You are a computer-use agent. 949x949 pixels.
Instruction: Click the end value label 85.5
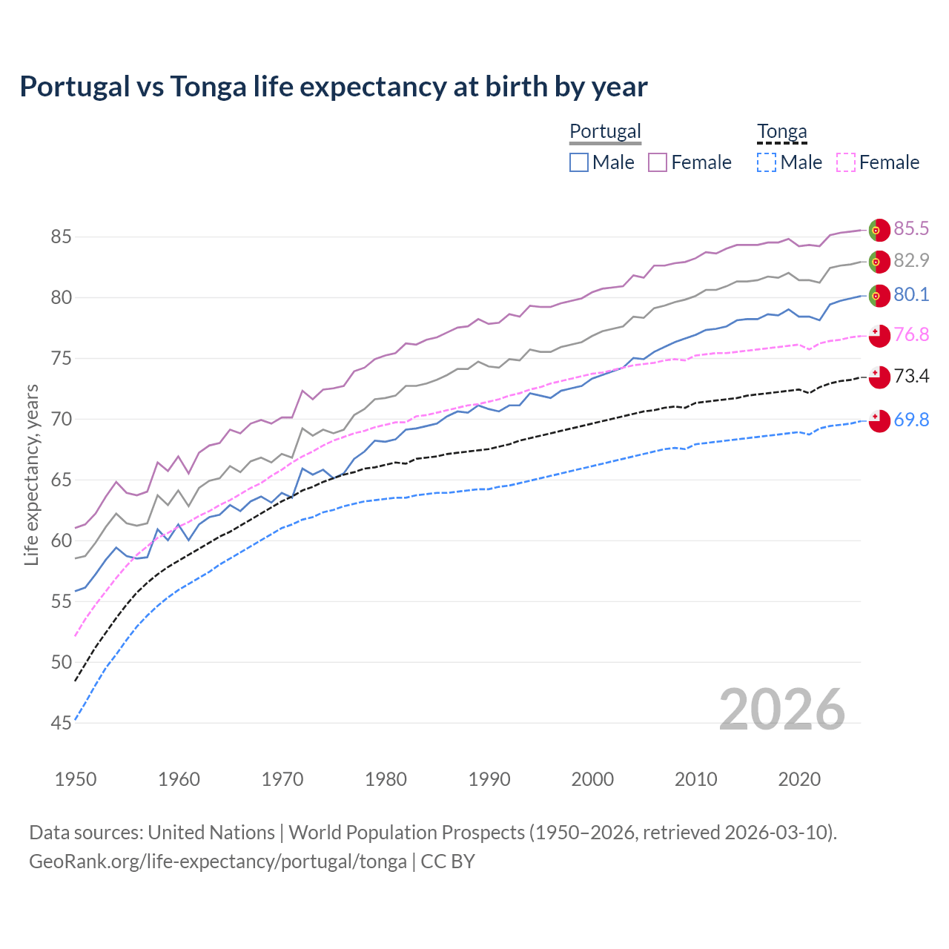click(910, 228)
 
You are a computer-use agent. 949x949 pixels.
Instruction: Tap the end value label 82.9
click(910, 260)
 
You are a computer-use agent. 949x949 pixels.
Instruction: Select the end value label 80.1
click(910, 294)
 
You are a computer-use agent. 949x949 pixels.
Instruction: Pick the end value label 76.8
click(910, 334)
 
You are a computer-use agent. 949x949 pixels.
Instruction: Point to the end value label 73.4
click(910, 376)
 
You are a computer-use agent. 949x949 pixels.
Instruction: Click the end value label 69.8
click(910, 420)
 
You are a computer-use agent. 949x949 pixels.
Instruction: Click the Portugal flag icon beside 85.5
click(879, 230)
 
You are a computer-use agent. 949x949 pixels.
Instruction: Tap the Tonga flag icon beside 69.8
click(879, 420)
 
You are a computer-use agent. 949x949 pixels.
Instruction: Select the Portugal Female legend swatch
click(658, 162)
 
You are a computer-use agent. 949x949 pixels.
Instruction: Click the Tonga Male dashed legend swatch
click(767, 162)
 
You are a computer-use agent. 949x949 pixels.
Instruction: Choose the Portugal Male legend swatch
click(579, 162)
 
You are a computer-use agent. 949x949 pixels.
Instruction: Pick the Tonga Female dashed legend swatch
click(846, 162)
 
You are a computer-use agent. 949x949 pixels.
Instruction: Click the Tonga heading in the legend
click(781, 131)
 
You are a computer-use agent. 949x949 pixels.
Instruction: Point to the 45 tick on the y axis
click(61, 723)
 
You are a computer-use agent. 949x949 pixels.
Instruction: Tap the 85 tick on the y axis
click(61, 237)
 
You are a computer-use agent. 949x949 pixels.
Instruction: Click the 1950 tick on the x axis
click(76, 779)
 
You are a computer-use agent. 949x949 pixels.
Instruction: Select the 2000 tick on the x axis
click(592, 779)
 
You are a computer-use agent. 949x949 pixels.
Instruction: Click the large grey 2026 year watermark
click(781, 710)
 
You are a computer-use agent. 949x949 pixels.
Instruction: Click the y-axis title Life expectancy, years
click(31, 474)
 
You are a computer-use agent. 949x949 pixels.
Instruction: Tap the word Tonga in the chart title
click(208, 87)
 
